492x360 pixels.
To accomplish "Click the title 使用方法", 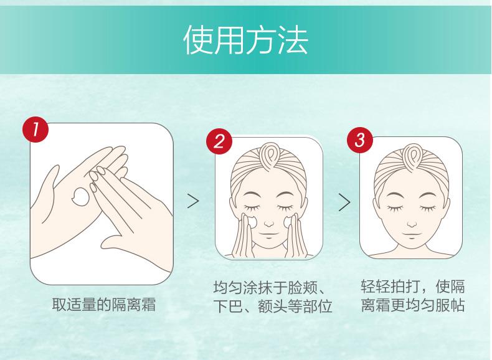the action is click(245, 40).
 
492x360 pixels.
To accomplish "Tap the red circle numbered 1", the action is click(35, 130).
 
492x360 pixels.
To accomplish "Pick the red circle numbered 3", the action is click(360, 140).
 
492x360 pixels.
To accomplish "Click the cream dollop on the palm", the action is click(80, 196).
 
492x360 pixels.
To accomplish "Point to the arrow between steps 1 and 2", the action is click(193, 201).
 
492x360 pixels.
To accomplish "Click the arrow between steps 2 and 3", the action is click(344, 202).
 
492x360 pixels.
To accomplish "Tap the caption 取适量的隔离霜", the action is click(104, 304).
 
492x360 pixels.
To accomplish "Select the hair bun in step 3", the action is click(413, 158).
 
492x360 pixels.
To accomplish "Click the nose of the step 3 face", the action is click(412, 224).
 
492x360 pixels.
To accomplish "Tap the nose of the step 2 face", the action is click(269, 224).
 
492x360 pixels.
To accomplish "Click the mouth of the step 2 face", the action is click(268, 234).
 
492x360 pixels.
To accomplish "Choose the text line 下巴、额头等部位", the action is click(273, 306).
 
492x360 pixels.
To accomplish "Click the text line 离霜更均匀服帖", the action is click(413, 305).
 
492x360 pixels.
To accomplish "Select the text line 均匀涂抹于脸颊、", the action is click(270, 287).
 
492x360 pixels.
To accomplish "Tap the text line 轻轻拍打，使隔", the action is click(413, 286).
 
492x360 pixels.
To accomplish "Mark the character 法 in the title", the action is click(293, 40).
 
